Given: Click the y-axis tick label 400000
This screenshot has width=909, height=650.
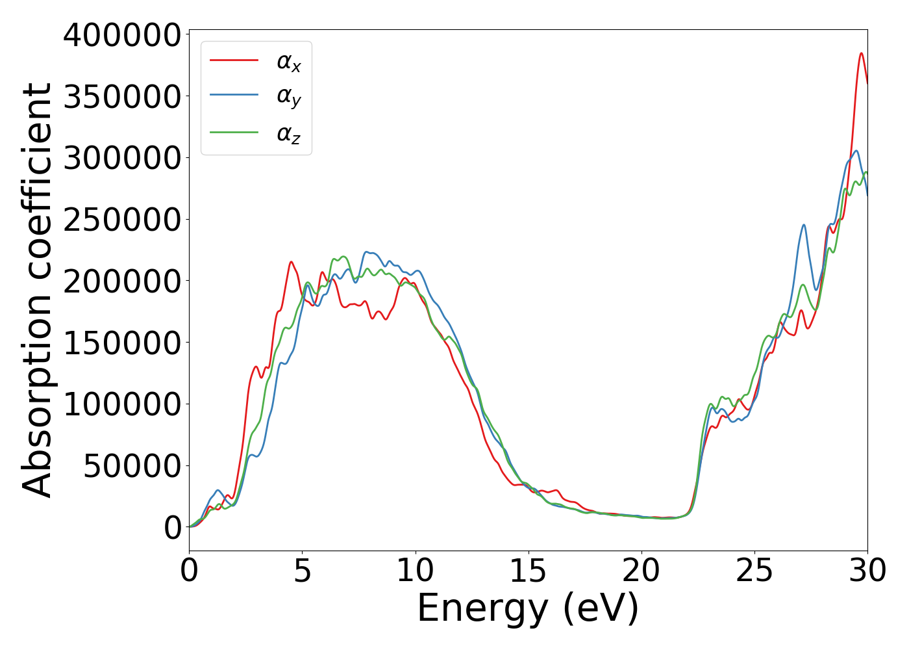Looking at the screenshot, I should coord(121,35).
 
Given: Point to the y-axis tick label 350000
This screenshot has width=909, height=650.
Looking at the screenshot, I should coord(121,97).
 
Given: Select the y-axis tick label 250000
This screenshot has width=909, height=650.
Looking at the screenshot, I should coord(121,220).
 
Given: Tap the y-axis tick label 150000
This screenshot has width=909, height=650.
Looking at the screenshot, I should coord(121,343).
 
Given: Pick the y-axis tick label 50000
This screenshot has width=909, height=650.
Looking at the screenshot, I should coord(132,466).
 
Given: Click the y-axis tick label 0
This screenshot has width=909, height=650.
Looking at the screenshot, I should coord(173,528).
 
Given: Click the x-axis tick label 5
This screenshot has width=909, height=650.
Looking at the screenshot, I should coord(302,571).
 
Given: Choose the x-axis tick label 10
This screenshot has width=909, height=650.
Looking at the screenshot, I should coord(415,571).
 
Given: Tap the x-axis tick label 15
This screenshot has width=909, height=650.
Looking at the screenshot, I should coord(528,571).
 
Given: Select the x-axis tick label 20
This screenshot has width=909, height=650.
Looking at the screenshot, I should coord(641,571).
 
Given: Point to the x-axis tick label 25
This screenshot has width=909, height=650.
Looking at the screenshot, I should coord(754,571).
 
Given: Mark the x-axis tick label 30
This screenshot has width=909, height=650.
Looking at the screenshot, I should coord(867,571).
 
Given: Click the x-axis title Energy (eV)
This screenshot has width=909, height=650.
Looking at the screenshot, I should coord(528,609).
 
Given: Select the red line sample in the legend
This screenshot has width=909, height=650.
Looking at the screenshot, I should coord(234,60).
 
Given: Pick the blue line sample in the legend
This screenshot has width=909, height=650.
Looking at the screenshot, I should coord(234,96).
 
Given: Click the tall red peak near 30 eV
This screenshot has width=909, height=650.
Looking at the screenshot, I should coord(861,53).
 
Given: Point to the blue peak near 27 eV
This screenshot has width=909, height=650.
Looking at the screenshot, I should coord(804,225).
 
